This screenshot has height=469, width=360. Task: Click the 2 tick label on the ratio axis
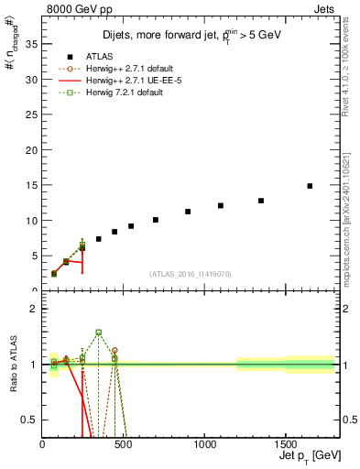(34, 309)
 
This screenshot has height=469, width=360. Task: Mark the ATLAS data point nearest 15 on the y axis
(310, 186)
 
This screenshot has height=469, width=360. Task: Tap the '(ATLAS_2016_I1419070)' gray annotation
(191, 273)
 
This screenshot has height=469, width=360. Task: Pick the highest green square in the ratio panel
(98, 333)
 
